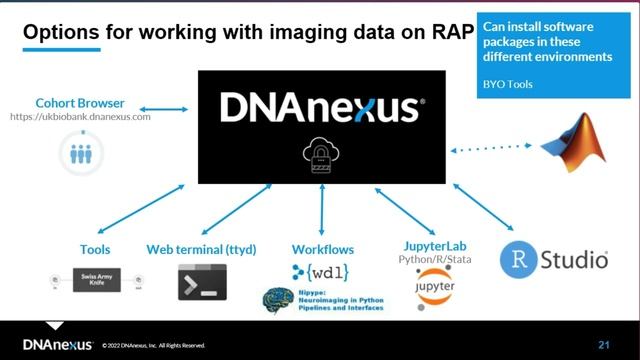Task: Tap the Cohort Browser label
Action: (79, 102)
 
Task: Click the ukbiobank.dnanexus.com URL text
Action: (80, 117)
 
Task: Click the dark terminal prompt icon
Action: (202, 283)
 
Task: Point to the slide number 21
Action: (603, 345)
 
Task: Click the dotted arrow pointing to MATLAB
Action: (491, 149)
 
